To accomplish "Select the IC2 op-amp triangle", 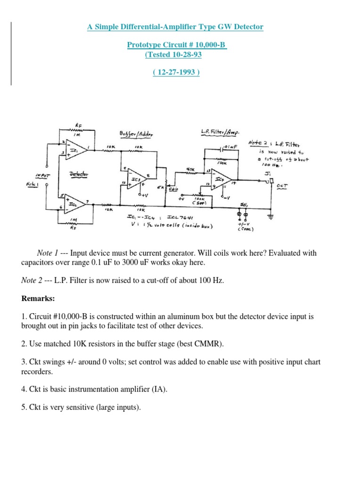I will click(75, 204).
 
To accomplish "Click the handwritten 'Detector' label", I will click(79, 174).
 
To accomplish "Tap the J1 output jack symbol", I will click(271, 181).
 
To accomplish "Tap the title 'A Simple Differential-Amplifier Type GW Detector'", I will click(175, 27).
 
